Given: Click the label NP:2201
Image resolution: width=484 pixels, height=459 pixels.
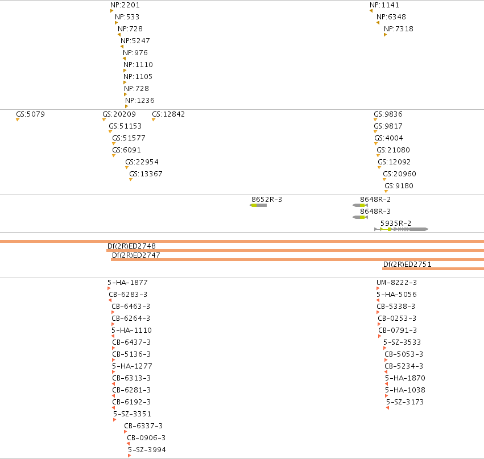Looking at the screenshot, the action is point(125,5).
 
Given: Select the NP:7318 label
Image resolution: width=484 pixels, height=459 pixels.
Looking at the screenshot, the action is point(399,28).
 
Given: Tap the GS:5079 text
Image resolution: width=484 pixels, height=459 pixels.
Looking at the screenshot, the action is point(31,114).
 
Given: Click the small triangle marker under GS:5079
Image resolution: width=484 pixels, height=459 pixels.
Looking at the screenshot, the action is point(18,120).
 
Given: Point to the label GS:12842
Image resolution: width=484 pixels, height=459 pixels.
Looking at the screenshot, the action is point(168,114).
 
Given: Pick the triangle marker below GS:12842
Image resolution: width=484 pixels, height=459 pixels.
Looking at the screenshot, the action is point(154,120).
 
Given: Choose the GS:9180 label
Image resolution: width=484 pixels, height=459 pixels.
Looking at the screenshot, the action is point(399,186).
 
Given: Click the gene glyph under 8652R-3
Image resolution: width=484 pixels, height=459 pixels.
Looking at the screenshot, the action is point(258,205).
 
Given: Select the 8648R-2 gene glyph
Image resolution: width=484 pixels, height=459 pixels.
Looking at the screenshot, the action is point(360,205).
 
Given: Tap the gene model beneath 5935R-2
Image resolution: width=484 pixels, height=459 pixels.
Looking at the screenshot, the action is point(402,229).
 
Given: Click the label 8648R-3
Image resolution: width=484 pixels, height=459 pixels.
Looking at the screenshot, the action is point(375,212).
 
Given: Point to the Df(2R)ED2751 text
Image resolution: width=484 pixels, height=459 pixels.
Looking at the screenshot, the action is point(407,264).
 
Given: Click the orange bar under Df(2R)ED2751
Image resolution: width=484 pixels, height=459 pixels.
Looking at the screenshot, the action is point(433,269).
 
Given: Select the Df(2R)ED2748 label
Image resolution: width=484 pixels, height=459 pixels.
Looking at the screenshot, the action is point(131,246).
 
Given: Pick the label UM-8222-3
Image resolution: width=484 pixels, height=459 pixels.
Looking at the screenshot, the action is point(396,283).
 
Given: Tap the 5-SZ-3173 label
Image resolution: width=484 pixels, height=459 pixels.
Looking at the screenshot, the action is point(405,402).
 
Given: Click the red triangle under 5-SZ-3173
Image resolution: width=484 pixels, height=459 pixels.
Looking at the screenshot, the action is point(387,408).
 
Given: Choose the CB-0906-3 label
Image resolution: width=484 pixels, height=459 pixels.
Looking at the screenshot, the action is point(146,438).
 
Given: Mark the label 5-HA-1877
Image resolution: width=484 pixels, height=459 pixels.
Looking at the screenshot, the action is point(127,283).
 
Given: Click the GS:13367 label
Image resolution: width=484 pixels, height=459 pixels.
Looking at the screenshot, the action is point(146,174).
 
